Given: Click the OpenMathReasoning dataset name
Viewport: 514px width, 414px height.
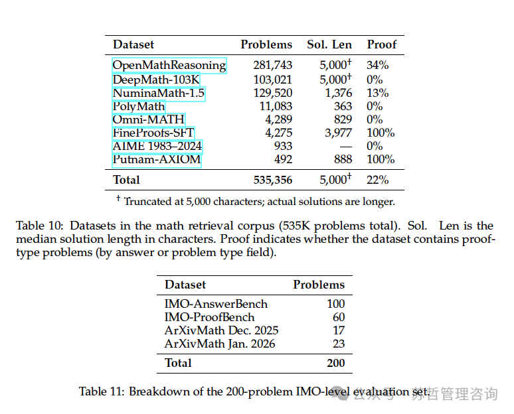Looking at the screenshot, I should click(x=169, y=65).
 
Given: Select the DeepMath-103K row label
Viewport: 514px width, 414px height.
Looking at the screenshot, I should click(x=156, y=79).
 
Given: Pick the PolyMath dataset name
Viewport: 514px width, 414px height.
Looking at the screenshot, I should click(x=138, y=106).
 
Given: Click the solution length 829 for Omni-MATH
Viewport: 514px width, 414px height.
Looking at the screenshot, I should click(x=339, y=119).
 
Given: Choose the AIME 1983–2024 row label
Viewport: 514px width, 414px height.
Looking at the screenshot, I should click(x=157, y=146).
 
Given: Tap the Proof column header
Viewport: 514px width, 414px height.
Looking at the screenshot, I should click(x=381, y=44).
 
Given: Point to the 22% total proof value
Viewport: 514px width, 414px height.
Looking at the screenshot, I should click(x=378, y=180).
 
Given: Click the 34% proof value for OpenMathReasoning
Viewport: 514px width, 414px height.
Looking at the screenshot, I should click(x=378, y=65).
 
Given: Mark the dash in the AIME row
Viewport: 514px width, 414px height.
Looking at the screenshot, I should click(x=344, y=146).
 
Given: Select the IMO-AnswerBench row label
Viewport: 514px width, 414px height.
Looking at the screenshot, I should click(x=216, y=304).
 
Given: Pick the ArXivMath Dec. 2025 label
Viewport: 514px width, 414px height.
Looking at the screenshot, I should click(x=221, y=330).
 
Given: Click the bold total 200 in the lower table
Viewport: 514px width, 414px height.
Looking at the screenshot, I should click(x=335, y=363).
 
